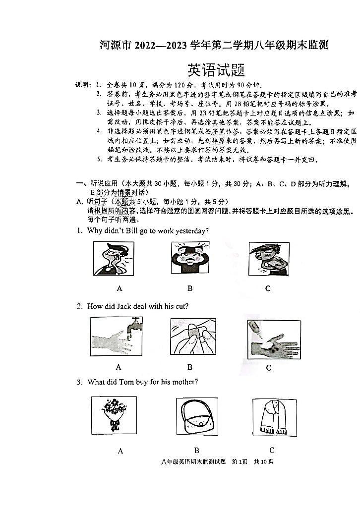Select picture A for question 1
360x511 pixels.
click(114, 258)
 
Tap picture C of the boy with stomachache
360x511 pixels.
click(268, 259)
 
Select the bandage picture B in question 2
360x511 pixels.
click(193, 337)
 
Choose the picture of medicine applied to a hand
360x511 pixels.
click(273, 339)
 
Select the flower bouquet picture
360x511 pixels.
click(114, 415)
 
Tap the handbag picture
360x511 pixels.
click(196, 417)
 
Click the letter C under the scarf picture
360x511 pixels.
click(272, 450)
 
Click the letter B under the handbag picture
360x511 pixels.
click(196, 450)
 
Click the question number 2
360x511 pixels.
click(79, 306)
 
